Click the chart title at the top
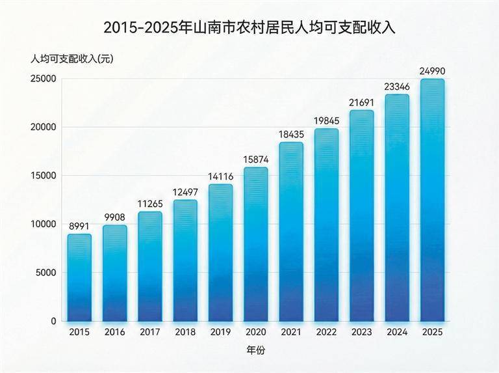[249, 28]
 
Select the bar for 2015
[79, 278]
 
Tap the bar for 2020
[256, 245]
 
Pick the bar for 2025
[432, 200]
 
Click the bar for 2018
[185, 261]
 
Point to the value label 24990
[432, 70]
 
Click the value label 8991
[79, 225]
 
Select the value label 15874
[256, 159]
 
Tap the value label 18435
[291, 133]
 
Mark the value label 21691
[362, 102]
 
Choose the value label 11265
[150, 203]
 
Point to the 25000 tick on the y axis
[44, 79]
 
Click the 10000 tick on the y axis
[44, 224]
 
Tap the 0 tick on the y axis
[55, 321]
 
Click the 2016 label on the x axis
[114, 332]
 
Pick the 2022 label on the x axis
[326, 332]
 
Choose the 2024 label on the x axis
[397, 332]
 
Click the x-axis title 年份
[256, 350]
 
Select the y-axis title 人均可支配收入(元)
[71, 59]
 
